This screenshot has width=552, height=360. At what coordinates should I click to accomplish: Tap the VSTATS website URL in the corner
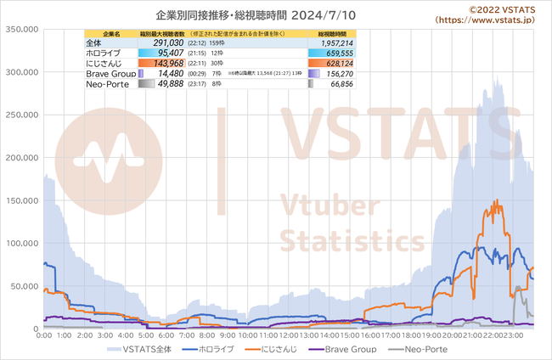[x=490, y=19]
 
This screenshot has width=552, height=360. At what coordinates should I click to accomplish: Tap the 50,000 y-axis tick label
[x=23, y=286]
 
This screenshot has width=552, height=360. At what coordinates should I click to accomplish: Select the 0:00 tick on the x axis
[x=45, y=336]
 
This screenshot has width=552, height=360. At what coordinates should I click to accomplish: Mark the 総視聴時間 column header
[x=334, y=33]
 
